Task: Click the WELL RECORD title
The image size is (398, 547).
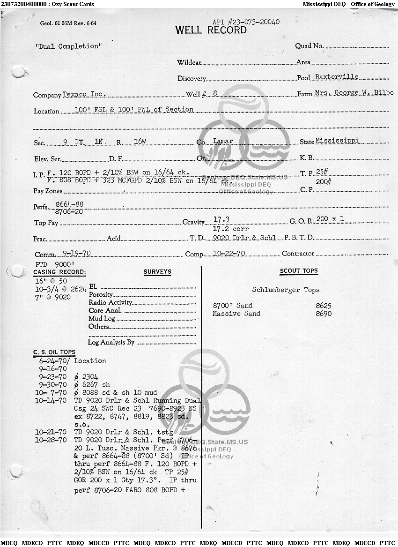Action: pos(211,30)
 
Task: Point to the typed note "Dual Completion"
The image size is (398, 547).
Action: pos(68,46)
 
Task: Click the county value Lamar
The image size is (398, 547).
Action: pos(223,141)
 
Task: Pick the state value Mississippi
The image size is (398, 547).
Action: pos(337,141)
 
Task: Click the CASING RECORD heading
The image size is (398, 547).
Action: pos(59,272)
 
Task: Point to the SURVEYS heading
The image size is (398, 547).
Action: pos(157,272)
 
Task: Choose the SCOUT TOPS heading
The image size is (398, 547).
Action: pos(299,271)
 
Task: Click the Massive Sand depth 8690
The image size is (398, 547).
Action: pos(324,314)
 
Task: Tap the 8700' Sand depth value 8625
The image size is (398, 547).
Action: pos(324,306)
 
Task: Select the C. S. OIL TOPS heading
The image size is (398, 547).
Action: pos(54,352)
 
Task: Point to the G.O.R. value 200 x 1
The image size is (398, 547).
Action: pos(330,219)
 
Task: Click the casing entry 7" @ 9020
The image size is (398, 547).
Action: pos(53,297)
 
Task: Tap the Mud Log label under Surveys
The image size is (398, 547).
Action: pos(102,319)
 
